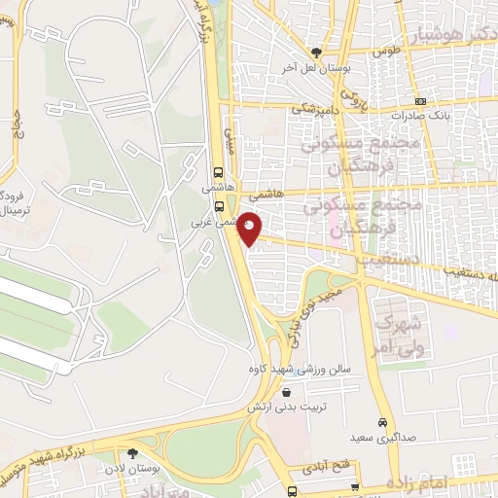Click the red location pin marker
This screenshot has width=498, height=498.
250,230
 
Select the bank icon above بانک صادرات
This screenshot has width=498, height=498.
419,101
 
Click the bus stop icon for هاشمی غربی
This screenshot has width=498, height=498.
220,206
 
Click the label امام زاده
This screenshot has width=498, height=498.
420,482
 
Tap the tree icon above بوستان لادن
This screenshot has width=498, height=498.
132,451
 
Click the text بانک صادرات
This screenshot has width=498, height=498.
419,115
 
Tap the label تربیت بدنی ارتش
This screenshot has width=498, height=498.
288,408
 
